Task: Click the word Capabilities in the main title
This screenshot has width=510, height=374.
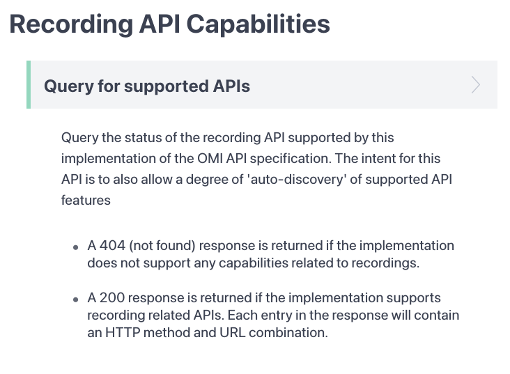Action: click(x=258, y=24)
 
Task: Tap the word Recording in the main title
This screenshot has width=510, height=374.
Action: click(x=71, y=24)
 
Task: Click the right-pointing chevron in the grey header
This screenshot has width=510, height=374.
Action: click(x=476, y=85)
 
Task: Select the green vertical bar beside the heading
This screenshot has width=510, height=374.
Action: click(x=29, y=84)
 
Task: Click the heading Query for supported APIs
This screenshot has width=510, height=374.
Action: click(x=147, y=86)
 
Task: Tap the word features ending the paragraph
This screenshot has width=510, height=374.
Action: click(x=86, y=201)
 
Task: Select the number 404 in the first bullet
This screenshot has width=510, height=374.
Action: click(x=112, y=246)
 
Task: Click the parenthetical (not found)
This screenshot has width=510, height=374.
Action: click(x=162, y=246)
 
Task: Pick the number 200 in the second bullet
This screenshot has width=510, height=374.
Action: click(x=112, y=298)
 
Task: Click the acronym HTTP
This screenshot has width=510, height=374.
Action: click(x=123, y=333)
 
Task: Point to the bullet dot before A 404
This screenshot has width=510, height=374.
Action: click(x=76, y=248)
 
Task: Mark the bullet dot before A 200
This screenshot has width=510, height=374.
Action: click(x=76, y=300)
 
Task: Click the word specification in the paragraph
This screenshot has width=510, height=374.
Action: click(x=291, y=159)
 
